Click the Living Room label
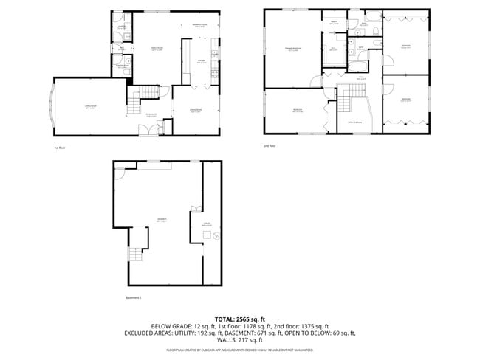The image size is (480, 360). tap(91, 108)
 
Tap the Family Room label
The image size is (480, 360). tap(157, 49)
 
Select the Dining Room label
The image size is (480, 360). tap(196, 111)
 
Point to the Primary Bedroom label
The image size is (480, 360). tap(294, 49)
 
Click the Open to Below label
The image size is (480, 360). tap(354, 122)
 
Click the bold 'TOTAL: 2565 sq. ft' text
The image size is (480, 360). tap(239, 318)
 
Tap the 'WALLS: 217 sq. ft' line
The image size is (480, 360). tap(239, 340)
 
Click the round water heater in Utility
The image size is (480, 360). tap(208, 235)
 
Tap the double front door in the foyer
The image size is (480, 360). tap(151, 130)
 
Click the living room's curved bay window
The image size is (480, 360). tap(50, 108)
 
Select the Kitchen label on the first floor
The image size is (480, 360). tap(201, 62)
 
